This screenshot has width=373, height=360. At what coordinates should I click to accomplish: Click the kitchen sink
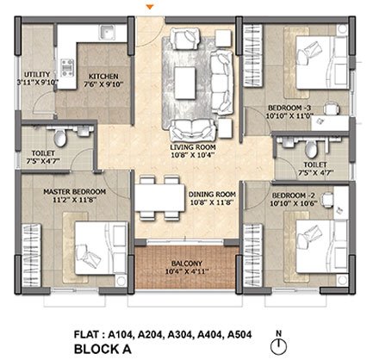pyautogui.click(x=107, y=32)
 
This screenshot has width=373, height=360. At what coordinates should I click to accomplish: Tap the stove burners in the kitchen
pyautogui.click(x=67, y=68)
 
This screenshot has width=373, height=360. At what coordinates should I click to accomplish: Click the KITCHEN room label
pyautogui.click(x=103, y=77)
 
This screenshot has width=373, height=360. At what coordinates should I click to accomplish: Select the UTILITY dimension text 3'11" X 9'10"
pyautogui.click(x=38, y=82)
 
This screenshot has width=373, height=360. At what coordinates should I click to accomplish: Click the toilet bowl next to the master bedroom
pyautogui.click(x=60, y=137)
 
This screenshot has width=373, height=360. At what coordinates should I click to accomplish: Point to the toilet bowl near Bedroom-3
pyautogui.click(x=311, y=149)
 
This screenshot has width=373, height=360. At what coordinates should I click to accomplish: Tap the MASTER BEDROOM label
pyautogui.click(x=74, y=191)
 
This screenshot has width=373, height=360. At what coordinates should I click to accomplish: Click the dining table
pyautogui.click(x=159, y=198)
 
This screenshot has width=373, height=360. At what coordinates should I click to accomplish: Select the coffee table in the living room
pyautogui.click(x=185, y=83)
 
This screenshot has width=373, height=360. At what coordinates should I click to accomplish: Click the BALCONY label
pyautogui.click(x=187, y=264)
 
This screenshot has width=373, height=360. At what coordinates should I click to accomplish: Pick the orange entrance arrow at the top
pyautogui.click(x=150, y=7)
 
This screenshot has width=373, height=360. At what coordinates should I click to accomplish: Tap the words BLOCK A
pyautogui.click(x=103, y=349)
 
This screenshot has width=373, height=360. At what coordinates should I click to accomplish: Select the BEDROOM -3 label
pyautogui.click(x=289, y=108)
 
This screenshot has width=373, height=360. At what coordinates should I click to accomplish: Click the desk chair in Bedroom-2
pyautogui.click(x=326, y=199)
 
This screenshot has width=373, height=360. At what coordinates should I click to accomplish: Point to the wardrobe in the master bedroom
pyautogui.click(x=32, y=255)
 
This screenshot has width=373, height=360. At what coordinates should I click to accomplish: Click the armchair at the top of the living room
pyautogui.click(x=184, y=38)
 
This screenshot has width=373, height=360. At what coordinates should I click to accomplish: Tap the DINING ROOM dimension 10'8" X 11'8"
pyautogui.click(x=211, y=202)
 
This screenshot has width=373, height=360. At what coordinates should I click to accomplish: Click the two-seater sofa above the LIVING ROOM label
pyautogui.click(x=193, y=130)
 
